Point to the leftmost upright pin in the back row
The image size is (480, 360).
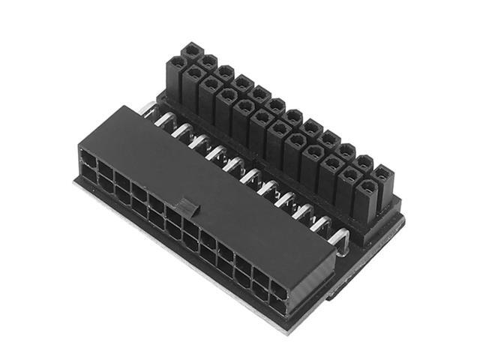point(193,52)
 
